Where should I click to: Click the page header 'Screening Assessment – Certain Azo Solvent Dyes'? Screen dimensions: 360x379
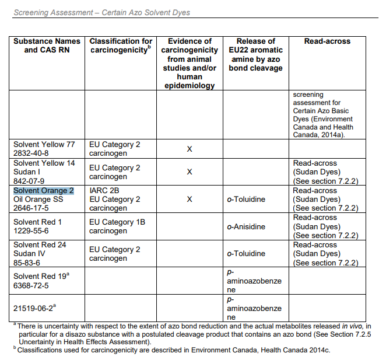[101, 12]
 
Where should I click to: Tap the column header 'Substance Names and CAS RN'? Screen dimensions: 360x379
[47, 46]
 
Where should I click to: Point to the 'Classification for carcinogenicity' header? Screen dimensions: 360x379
[121, 46]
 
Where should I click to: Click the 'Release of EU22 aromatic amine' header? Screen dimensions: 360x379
[255, 54]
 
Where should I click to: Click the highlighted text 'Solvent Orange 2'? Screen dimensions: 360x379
[43, 191]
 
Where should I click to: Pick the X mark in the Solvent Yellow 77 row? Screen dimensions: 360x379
[189, 149]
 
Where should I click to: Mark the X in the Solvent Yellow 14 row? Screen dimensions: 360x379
[189, 172]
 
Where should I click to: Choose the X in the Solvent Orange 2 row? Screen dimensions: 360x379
[189, 200]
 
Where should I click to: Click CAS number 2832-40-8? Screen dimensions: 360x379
[33, 153]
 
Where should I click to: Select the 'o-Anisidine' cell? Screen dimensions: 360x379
[246, 227]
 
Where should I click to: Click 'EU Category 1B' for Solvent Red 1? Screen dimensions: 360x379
[117, 222]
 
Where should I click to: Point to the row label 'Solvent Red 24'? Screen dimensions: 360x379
[40, 244]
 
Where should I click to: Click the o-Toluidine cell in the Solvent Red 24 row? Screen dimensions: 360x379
[246, 254]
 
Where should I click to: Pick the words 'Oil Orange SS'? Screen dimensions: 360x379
[38, 200]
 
